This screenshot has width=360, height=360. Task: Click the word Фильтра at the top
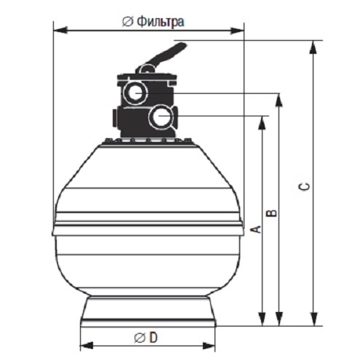coord(161,22)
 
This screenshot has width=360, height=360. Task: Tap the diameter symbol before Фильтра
coord(127,23)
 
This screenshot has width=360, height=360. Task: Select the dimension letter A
coord(255,229)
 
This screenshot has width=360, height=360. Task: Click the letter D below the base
coord(153,337)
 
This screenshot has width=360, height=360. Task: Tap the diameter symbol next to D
coord(140,337)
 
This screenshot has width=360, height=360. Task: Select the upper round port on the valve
coord(135,92)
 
